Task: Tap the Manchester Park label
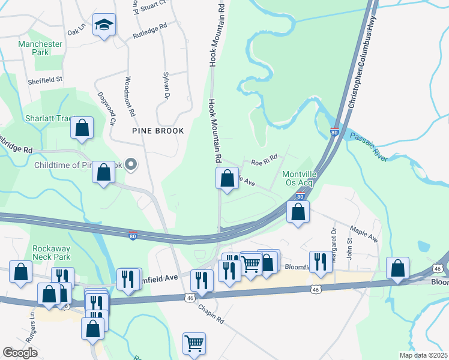tap(40, 48)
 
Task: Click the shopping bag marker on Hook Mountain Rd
tap(227, 179)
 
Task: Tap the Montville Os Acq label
tap(298, 179)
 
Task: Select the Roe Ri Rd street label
tap(264, 160)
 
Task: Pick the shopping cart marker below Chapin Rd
tap(194, 344)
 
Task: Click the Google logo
tap(20, 353)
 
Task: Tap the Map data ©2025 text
tap(423, 355)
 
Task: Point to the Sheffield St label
tap(46, 79)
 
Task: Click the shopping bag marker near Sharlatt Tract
tap(82, 128)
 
